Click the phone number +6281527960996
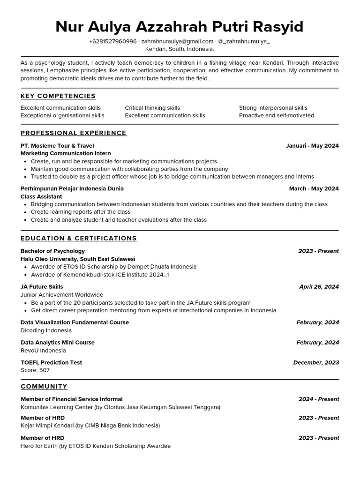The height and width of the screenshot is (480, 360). point(113,41)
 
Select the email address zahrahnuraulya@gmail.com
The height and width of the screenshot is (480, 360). point(177,41)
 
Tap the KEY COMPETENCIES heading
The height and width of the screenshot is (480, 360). point(58,96)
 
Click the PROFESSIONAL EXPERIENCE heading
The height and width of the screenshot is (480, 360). point(74,133)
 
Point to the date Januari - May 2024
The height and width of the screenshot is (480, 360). point(312,146)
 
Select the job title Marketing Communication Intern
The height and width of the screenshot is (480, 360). point(66,153)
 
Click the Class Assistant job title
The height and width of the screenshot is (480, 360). point(41,196)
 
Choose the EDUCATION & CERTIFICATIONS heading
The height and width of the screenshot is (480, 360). point(79,239)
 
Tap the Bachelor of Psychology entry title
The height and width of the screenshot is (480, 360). point(52,251)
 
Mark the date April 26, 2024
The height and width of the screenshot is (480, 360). point(319,287)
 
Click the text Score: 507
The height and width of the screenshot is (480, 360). point(35,370)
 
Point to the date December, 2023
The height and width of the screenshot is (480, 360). point(316,362)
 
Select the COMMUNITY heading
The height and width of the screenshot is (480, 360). point(44,387)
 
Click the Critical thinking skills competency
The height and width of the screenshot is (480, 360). point(152,108)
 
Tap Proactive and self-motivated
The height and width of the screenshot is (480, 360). point(277,115)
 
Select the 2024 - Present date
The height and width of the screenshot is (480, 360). point(319,399)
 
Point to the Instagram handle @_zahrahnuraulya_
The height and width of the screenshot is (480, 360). point(244,41)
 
